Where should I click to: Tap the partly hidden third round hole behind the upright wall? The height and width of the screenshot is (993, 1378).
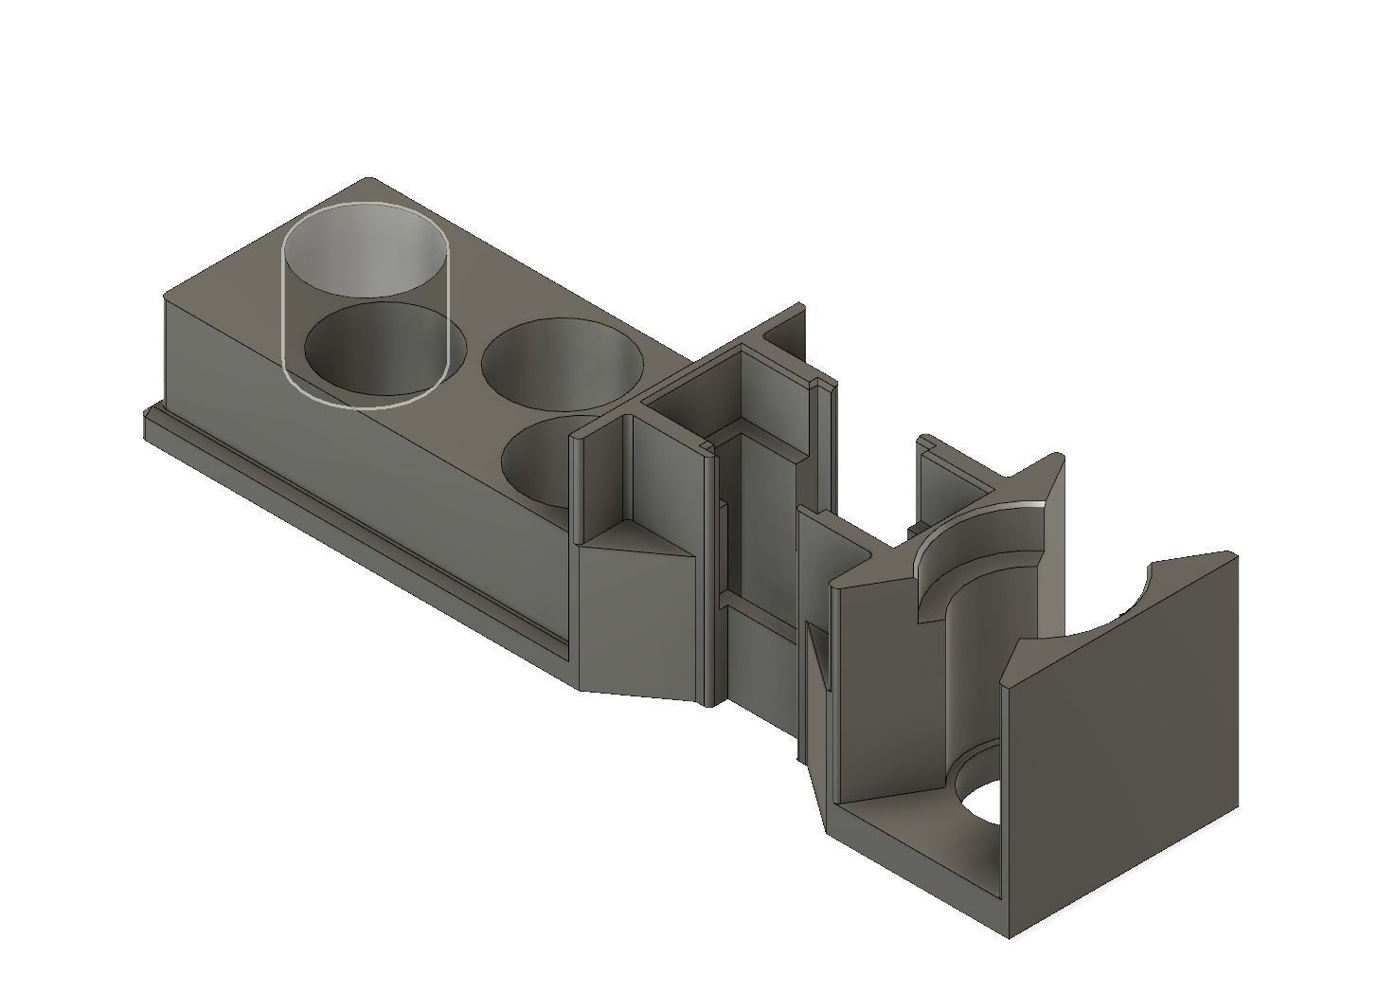point(535,464)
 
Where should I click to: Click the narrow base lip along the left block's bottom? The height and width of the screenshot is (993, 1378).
point(350,531)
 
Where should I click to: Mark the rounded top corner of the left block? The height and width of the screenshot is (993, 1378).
point(369,181)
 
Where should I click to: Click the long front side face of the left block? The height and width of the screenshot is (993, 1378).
point(379,474)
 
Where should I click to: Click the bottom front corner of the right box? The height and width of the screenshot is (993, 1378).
point(1008,934)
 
